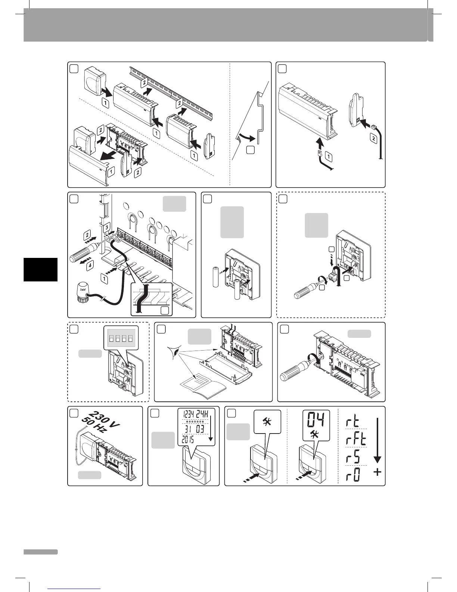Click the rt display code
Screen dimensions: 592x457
click(x=352, y=422)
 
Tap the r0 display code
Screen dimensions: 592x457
click(x=352, y=475)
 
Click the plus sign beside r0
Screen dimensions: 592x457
click(x=377, y=472)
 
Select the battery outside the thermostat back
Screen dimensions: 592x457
click(x=215, y=277)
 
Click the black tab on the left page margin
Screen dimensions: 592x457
click(x=40, y=269)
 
